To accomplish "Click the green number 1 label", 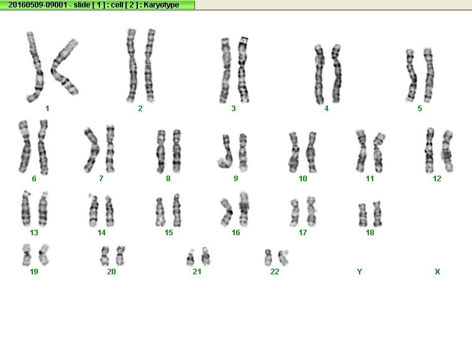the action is point(47,109).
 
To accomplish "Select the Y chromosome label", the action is point(360,272).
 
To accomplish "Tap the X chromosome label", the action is point(437,272).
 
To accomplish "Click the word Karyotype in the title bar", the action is point(161,5).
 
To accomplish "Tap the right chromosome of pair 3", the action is point(243,70).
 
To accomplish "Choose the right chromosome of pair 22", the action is point(283,258).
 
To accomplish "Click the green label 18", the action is point(370,233).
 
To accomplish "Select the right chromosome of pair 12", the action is point(447,151).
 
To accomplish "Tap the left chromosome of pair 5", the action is point(411,76).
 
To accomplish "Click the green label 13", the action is point(34,233).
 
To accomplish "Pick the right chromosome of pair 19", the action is point(44,255).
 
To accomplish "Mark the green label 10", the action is point(303,179).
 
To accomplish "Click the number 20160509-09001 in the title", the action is point(38,5).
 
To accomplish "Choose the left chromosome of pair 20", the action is point(105,256).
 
